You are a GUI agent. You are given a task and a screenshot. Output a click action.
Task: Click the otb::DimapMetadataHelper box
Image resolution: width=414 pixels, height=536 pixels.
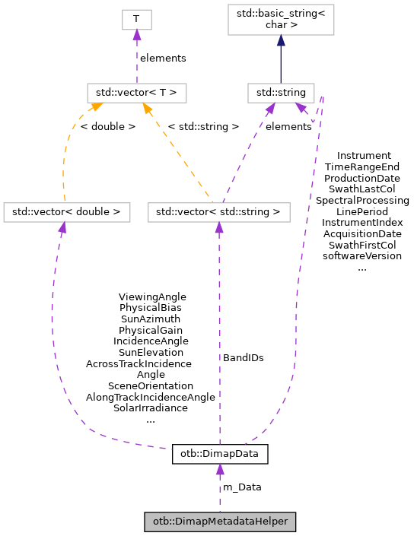[220, 522]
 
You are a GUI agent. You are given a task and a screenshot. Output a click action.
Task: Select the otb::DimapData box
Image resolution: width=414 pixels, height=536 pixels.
[220, 455]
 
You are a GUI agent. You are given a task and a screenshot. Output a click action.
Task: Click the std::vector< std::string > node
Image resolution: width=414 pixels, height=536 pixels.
[219, 211]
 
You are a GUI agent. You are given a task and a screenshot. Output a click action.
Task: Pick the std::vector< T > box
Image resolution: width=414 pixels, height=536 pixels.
[136, 94]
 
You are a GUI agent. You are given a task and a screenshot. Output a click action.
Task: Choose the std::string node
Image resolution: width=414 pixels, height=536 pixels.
[281, 94]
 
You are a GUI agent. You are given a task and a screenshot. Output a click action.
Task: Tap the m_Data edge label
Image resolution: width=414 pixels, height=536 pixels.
[241, 487]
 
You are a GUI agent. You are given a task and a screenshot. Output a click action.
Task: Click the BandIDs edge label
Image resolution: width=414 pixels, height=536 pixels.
[244, 357]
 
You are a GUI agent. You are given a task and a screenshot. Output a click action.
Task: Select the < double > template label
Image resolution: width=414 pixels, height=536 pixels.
[107, 126]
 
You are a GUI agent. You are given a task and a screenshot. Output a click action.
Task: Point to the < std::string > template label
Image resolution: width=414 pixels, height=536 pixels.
[203, 126]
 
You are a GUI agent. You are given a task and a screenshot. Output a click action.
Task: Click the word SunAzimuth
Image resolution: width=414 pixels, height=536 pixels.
[151, 319]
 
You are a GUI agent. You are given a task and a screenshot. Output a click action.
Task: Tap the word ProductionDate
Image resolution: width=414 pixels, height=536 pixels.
[362, 177]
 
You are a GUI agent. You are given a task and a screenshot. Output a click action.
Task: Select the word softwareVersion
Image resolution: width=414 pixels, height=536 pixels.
[362, 256]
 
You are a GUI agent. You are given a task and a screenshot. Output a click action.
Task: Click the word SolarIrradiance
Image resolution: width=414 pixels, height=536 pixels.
[151, 408]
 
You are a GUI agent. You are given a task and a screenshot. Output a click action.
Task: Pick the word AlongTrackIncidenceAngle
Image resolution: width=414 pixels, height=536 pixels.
[151, 397]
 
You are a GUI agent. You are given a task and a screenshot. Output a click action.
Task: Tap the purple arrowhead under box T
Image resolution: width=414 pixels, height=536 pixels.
[136, 36]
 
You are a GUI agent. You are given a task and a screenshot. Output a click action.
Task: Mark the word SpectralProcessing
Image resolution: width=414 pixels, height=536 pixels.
[362, 200]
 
